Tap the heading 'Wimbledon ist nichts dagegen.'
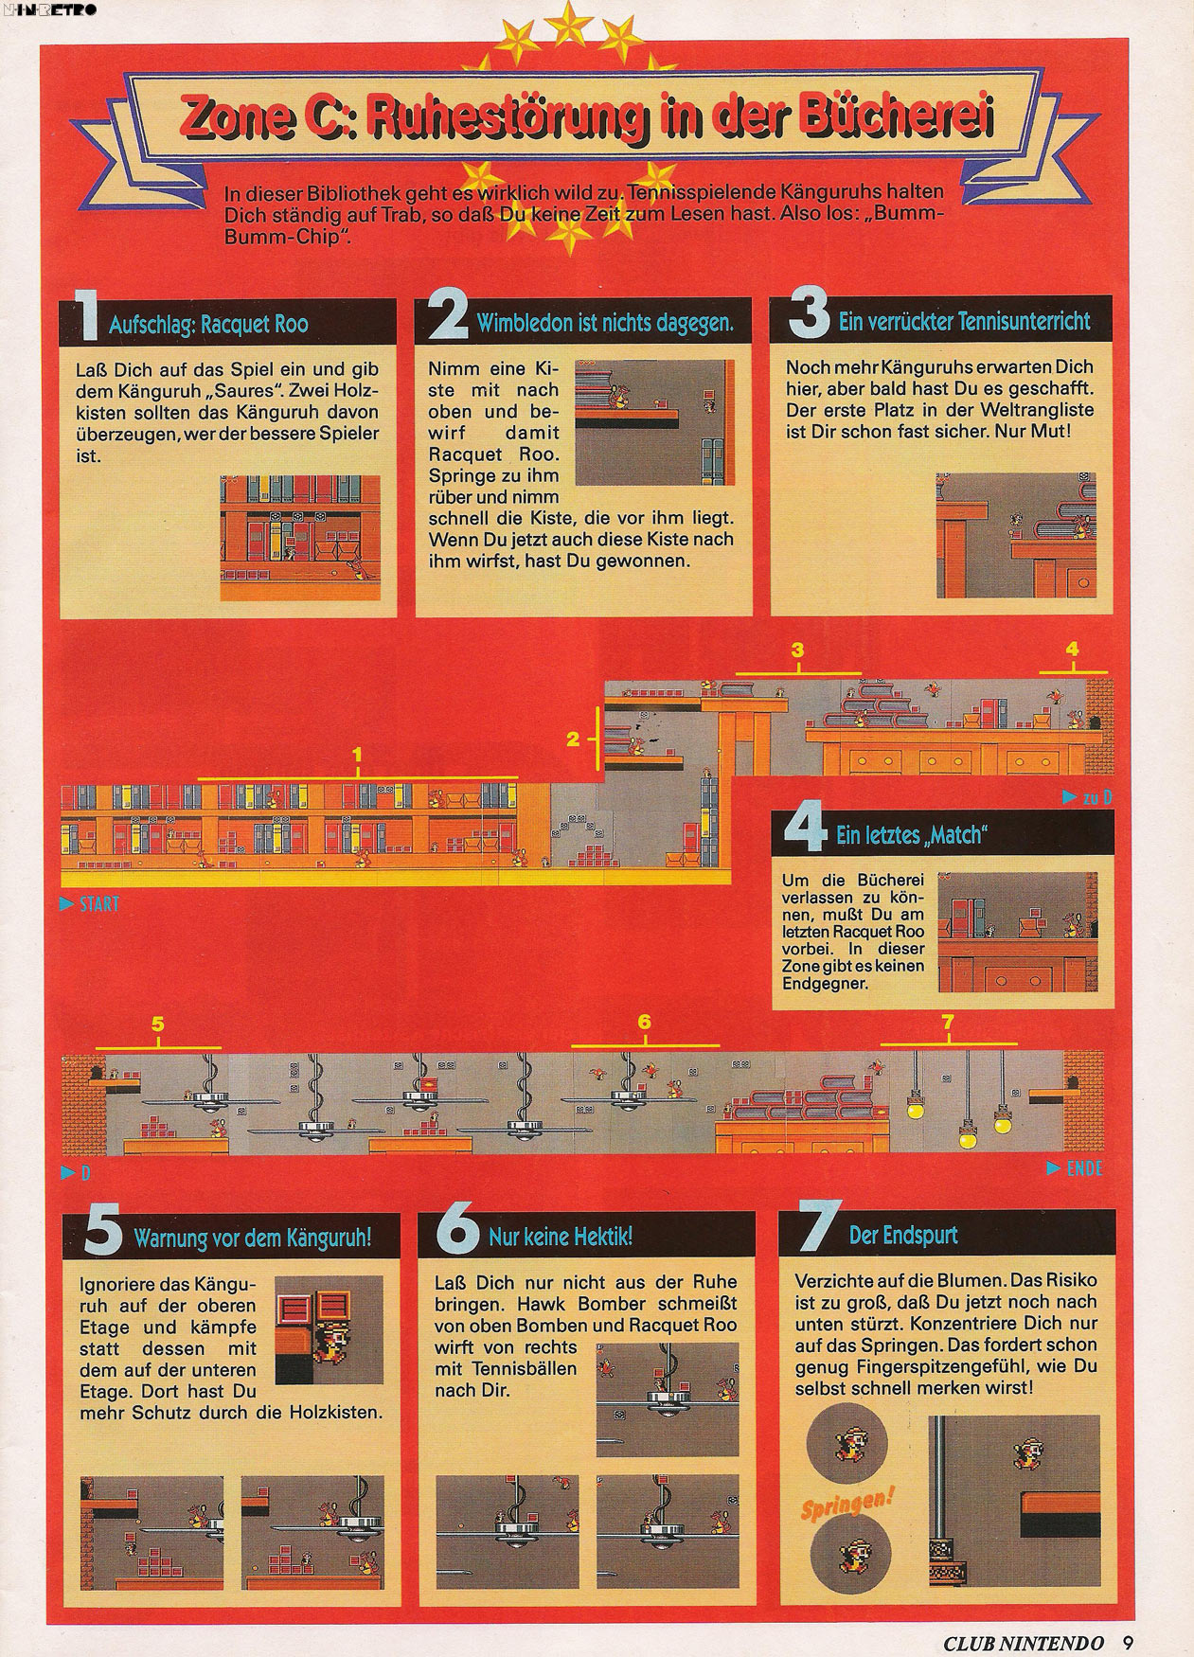(605, 323)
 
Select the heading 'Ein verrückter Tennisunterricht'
(964, 322)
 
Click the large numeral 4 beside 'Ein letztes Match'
(808, 831)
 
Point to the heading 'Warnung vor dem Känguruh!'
(253, 1238)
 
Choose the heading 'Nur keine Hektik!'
(561, 1236)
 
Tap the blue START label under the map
(90, 904)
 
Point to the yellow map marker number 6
(644, 1022)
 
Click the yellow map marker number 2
(573, 739)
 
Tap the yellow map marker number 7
(947, 1022)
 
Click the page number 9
(1129, 1643)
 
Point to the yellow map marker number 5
(158, 1023)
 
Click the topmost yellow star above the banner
(571, 17)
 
